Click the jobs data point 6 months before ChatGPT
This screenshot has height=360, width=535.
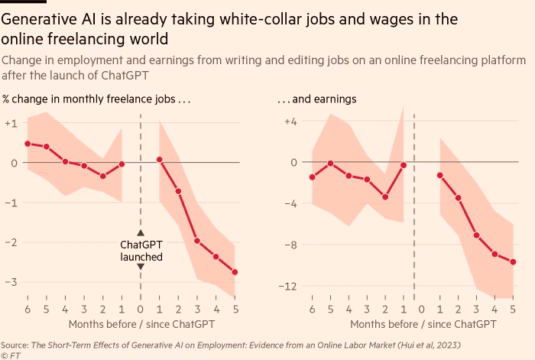pyautogui.click(x=28, y=144)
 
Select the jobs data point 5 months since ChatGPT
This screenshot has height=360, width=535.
pyautogui.click(x=235, y=272)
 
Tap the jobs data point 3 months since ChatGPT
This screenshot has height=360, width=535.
pyautogui.click(x=197, y=241)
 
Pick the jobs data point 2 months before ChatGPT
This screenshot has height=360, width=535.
pyautogui.click(x=103, y=176)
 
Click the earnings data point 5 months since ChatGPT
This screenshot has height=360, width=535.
pyautogui.click(x=513, y=262)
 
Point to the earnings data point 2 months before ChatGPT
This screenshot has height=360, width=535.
pyautogui.click(x=385, y=197)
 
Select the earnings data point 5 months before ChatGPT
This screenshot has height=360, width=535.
pyautogui.click(x=330, y=164)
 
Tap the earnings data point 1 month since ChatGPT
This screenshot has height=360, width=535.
pyautogui.click(x=440, y=175)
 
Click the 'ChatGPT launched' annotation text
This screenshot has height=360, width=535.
pyautogui.click(x=141, y=251)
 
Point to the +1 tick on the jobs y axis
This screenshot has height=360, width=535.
pyautogui.click(x=11, y=123)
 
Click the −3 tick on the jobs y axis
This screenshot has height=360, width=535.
pyautogui.click(x=11, y=282)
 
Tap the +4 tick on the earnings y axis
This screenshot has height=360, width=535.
pyautogui.click(x=290, y=122)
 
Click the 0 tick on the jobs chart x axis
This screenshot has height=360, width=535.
pyautogui.click(x=141, y=310)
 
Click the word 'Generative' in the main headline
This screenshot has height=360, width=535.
pyautogui.click(x=41, y=18)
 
